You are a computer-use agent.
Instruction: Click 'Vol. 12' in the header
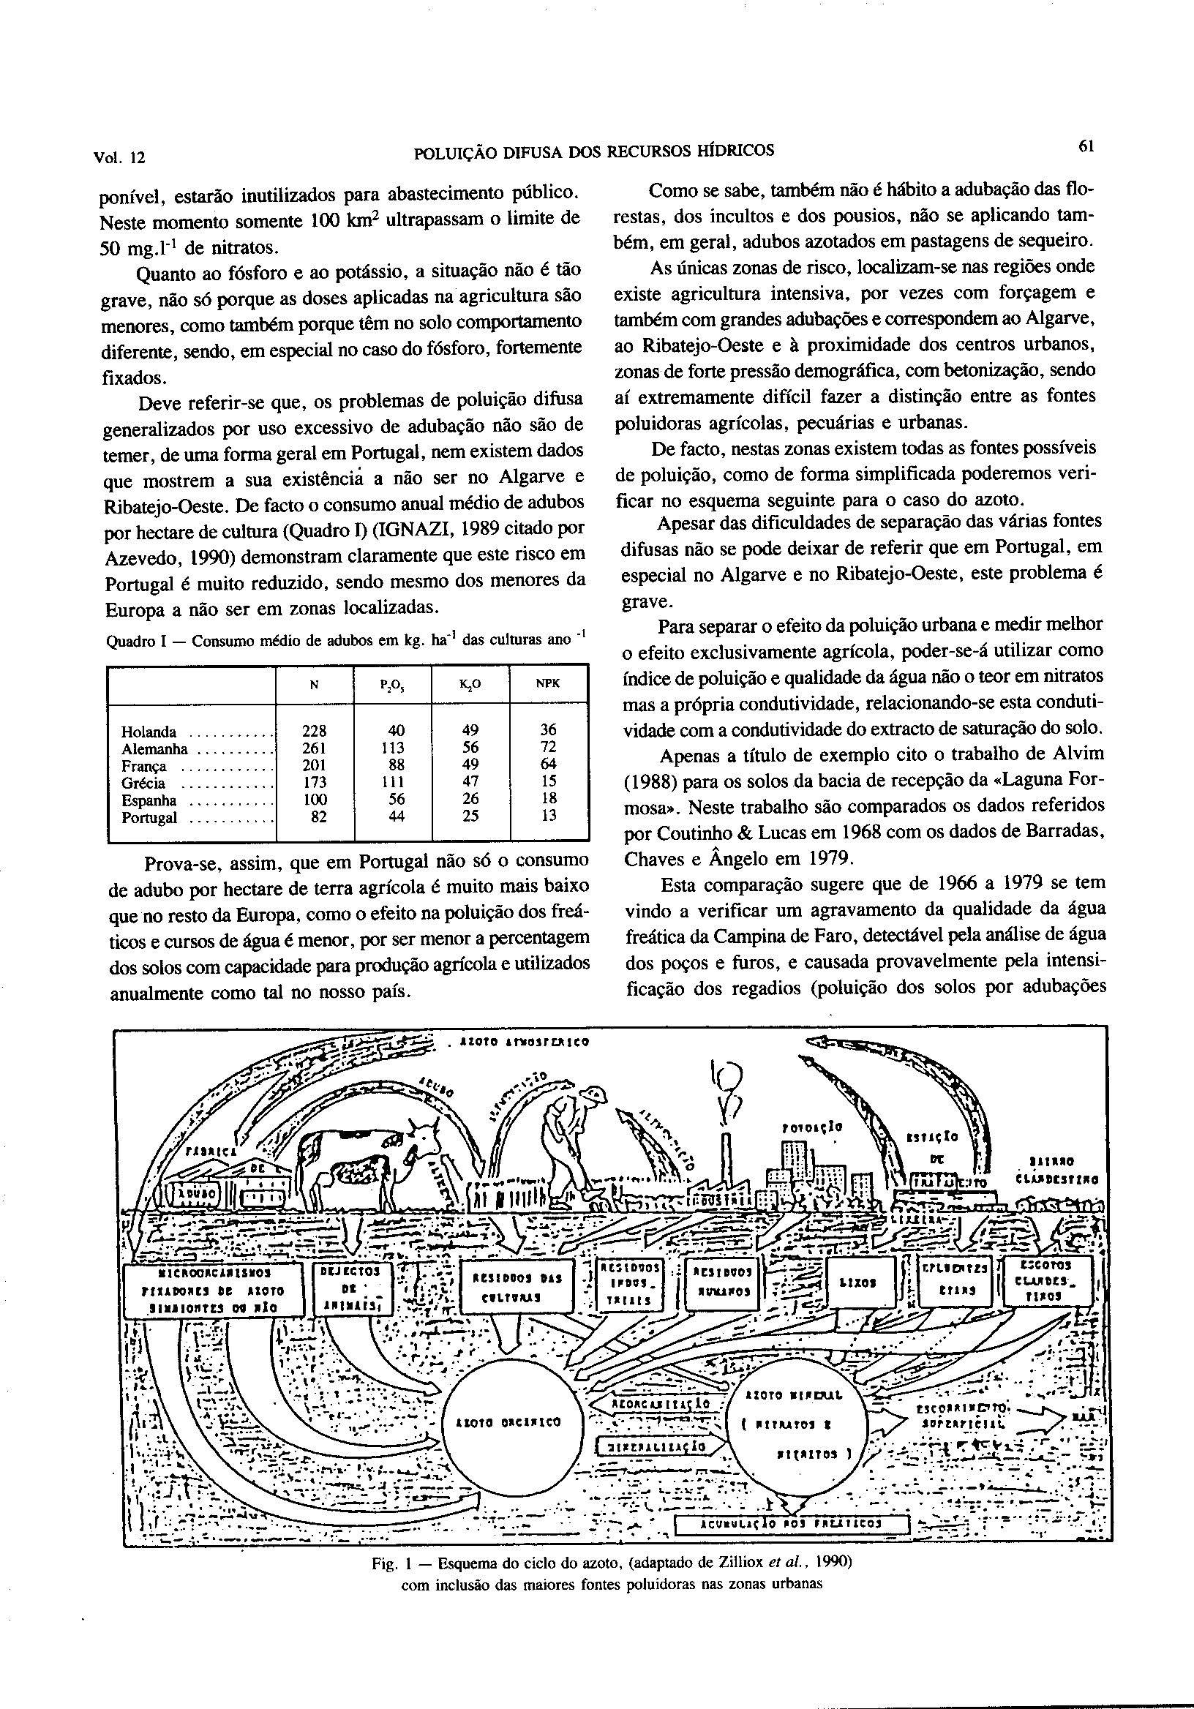[x=119, y=158]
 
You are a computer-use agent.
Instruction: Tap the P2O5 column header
[x=392, y=684]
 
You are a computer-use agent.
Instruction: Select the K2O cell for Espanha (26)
[x=470, y=800]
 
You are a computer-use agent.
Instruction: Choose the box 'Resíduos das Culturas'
[x=516, y=1286]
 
